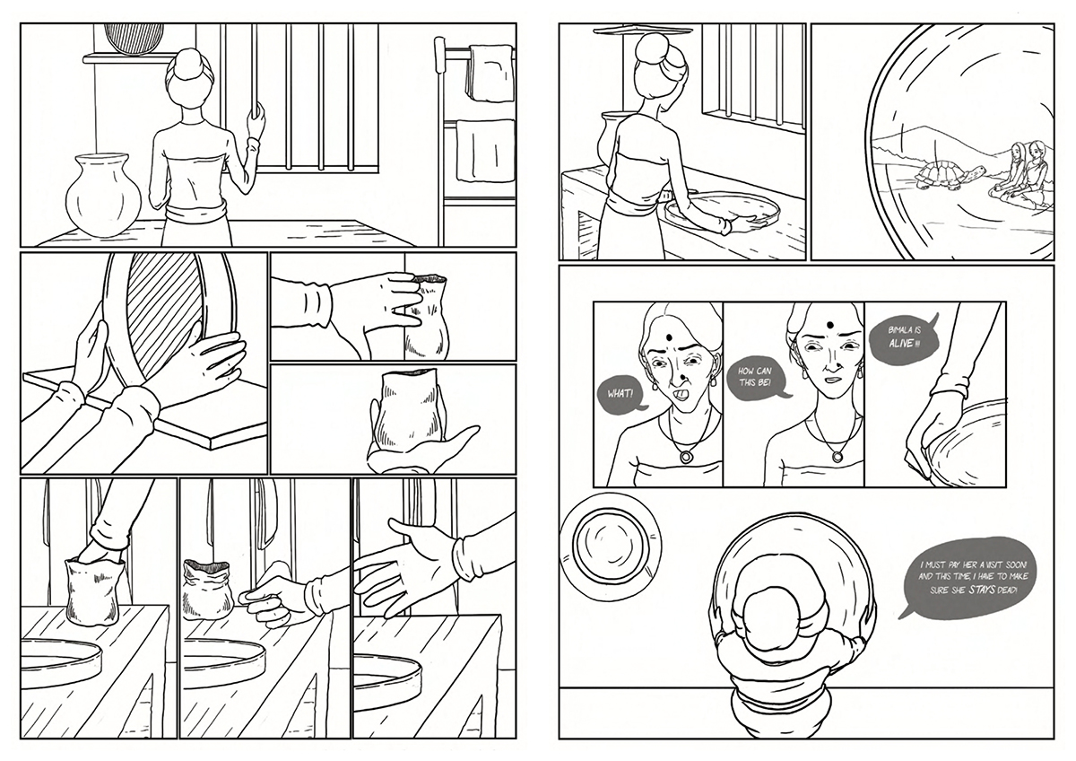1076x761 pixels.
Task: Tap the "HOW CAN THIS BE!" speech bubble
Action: coord(755,377)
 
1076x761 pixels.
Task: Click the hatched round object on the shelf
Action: coord(134,38)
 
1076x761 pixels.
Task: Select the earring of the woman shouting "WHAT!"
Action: coord(654,387)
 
